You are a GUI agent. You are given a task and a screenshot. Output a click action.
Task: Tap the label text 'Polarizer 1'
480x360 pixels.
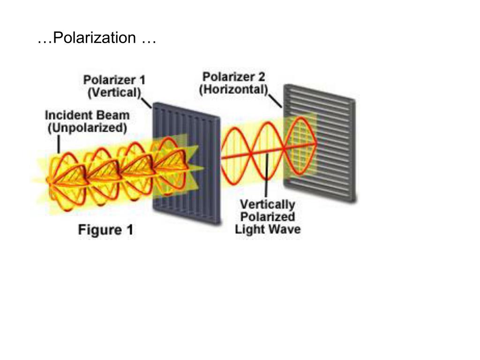point(114,80)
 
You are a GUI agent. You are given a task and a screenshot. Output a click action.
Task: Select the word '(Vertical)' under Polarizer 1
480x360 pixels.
point(114,92)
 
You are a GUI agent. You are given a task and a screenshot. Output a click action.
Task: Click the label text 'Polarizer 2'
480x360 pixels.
point(234,76)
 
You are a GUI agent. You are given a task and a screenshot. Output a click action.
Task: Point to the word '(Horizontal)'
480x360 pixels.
point(233,89)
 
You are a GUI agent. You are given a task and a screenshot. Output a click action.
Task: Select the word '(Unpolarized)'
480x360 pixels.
point(87,127)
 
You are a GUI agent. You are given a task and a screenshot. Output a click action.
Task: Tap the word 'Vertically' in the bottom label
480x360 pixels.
point(267,204)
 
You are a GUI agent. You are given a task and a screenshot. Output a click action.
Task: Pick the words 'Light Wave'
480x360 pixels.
point(268,229)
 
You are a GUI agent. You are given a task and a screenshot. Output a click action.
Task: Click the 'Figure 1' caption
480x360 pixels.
point(105,230)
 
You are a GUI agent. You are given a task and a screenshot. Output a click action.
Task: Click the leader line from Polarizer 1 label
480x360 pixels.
point(147,102)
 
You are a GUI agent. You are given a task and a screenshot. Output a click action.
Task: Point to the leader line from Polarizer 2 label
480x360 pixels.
point(276,100)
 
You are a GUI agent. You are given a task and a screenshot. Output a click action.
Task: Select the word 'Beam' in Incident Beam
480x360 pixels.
point(114,115)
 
